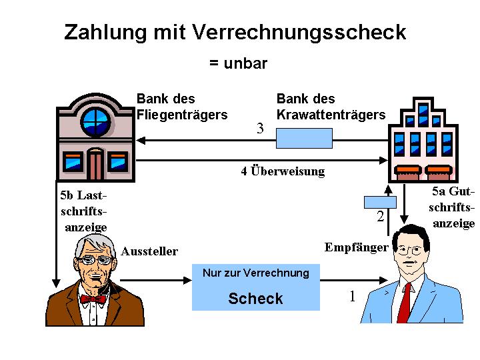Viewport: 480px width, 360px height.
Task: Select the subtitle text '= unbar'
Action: click(238, 63)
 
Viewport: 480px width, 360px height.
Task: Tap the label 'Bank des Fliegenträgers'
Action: click(182, 107)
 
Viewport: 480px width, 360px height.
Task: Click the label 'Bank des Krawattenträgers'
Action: click(331, 107)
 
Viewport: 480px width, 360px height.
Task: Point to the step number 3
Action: click(260, 129)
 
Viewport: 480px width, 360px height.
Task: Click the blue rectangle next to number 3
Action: click(304, 138)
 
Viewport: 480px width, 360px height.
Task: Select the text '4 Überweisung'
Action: click(283, 171)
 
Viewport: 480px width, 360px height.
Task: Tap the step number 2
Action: click(380, 217)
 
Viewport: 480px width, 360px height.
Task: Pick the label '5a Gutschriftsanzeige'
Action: click(453, 207)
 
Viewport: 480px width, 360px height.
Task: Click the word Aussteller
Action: click(149, 251)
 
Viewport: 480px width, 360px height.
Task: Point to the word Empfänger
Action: click(356, 247)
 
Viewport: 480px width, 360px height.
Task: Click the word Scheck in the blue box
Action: click(255, 299)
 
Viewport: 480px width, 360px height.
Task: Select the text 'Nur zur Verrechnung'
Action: click(255, 273)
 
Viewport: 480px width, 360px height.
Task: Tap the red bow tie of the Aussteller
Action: click(93, 299)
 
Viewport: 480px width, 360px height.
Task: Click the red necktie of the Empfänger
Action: click(405, 303)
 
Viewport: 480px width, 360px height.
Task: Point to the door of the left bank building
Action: click(96, 165)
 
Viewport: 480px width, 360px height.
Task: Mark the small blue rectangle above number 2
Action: click(379, 201)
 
